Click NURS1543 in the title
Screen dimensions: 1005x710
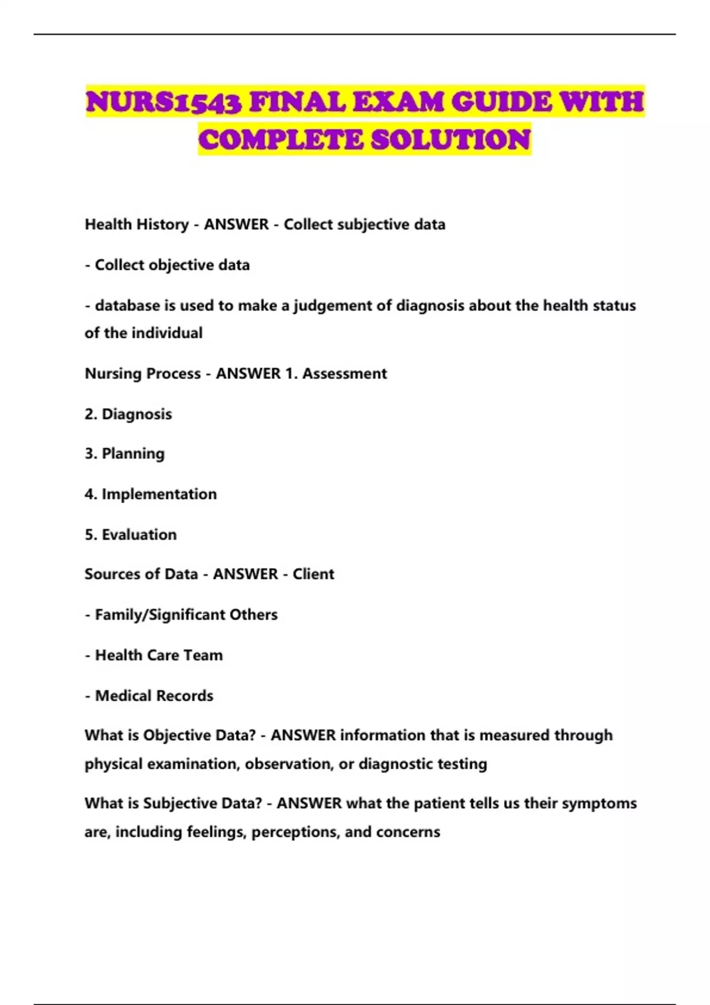(x=164, y=102)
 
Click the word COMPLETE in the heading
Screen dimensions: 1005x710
(x=280, y=140)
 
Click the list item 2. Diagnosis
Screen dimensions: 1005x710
(x=128, y=414)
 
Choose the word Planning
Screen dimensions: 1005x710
(x=133, y=454)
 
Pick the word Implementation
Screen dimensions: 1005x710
(x=159, y=494)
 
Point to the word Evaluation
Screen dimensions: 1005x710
(x=139, y=534)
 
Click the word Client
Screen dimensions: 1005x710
(x=313, y=574)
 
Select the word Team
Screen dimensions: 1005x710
(x=203, y=655)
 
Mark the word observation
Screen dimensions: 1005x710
(x=288, y=764)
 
